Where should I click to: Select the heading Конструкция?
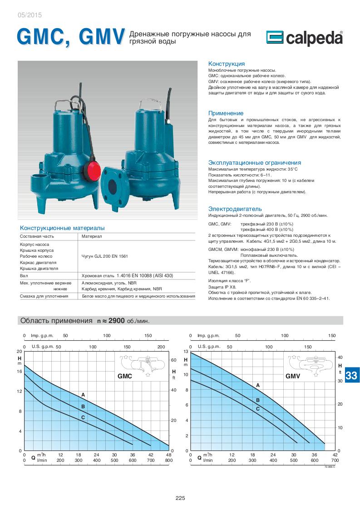point(226,64)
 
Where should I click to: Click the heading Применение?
point(226,113)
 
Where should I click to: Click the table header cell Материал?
point(92,236)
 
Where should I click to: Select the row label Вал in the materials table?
point(24,275)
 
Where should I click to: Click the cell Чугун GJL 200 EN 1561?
point(104,256)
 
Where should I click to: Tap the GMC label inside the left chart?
point(125,376)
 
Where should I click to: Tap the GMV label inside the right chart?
point(293,376)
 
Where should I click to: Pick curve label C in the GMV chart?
point(258,408)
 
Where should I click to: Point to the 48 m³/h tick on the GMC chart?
point(169,455)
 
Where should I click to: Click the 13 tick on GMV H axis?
point(185,352)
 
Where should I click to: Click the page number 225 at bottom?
point(180,498)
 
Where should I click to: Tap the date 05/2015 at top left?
point(29,15)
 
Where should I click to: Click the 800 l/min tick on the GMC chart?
point(169,460)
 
